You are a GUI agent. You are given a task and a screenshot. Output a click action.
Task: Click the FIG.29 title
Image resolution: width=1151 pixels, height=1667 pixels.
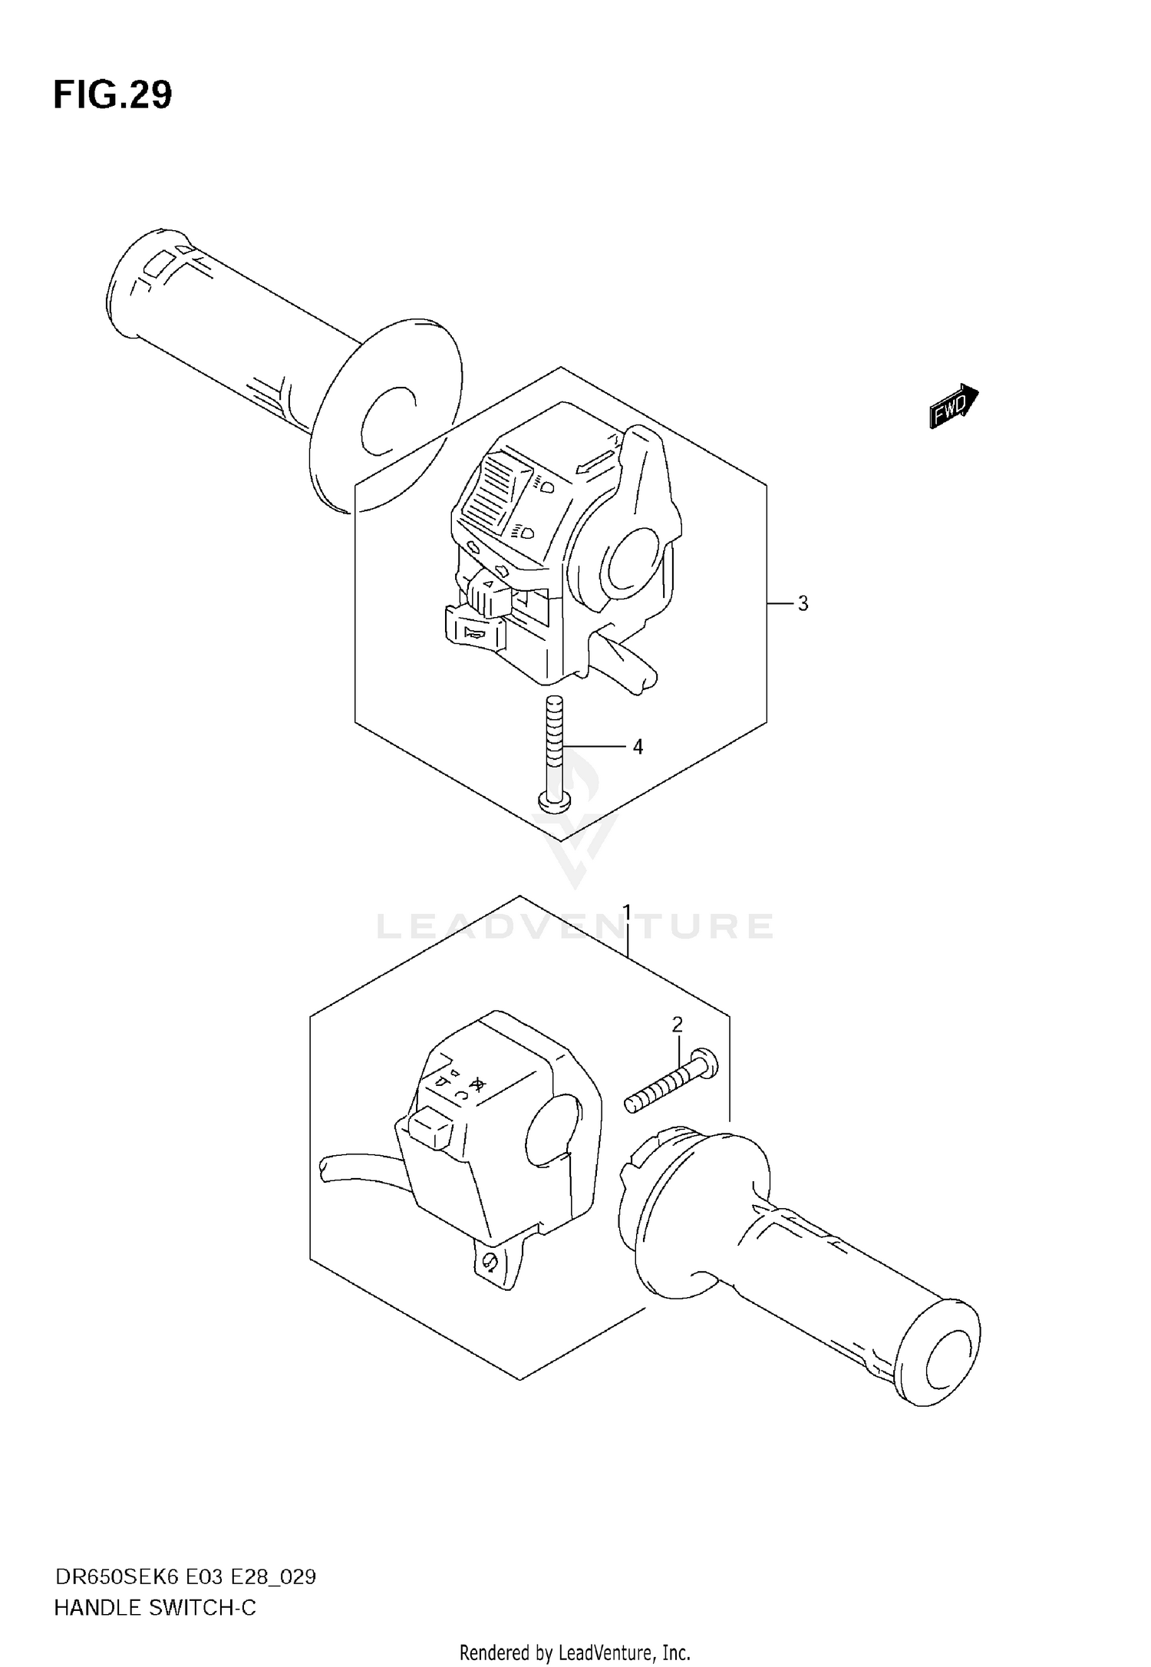point(113,96)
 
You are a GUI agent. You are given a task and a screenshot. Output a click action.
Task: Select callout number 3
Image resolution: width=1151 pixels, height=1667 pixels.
point(803,603)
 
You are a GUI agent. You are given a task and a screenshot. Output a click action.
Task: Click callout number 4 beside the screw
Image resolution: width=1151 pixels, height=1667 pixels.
point(638,746)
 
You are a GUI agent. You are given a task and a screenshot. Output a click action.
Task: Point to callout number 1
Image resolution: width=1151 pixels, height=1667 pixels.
point(627,913)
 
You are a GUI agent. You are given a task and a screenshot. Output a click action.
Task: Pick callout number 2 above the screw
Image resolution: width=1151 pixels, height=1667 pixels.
point(677,1024)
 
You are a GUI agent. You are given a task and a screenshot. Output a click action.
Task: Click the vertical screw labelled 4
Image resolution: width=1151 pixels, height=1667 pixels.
point(553,752)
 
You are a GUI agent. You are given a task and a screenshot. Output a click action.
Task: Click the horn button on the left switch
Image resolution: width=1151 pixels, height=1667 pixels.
point(473,631)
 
